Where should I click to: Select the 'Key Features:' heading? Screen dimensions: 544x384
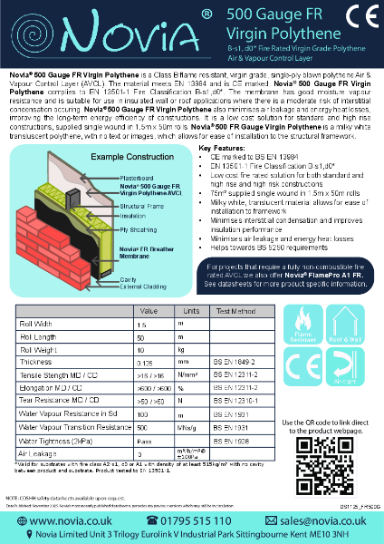[x=224, y=147]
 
